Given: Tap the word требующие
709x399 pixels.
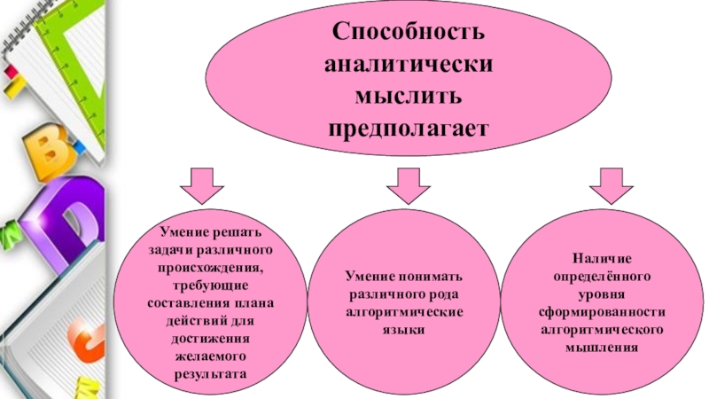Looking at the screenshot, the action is (x=209, y=283).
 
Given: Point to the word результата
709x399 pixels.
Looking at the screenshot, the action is (x=209, y=374).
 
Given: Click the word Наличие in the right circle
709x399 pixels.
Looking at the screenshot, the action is (x=602, y=259).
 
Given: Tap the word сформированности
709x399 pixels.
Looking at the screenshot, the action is (x=602, y=311).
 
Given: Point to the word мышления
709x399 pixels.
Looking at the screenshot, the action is (x=602, y=346).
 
